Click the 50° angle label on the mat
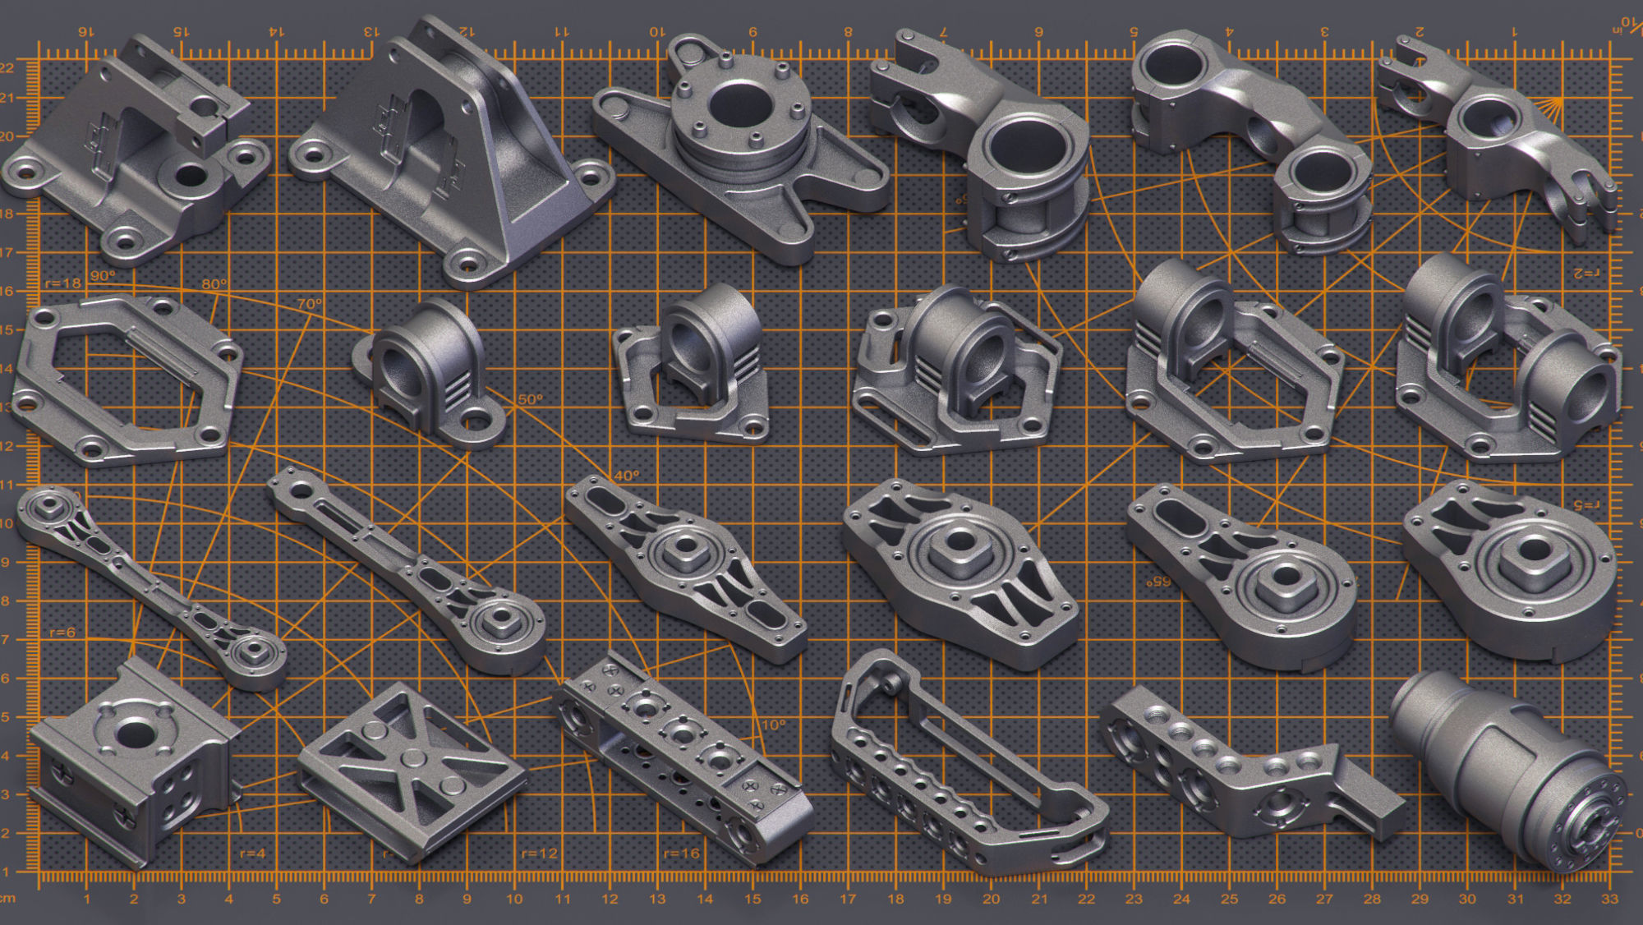coord(530,399)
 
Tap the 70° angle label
coord(310,304)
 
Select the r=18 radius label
coord(63,283)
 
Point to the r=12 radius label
coord(539,854)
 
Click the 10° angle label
coord(773,725)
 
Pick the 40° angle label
coord(626,475)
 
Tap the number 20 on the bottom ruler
coord(991,899)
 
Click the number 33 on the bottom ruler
coord(1609,899)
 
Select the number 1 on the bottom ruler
coord(86,899)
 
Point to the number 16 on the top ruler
coord(85,32)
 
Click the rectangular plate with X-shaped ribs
coord(411,768)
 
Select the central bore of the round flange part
coord(739,105)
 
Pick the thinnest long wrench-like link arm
coord(148,583)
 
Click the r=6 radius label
coord(62,633)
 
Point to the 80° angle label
coord(214,284)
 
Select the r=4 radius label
coord(252,854)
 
